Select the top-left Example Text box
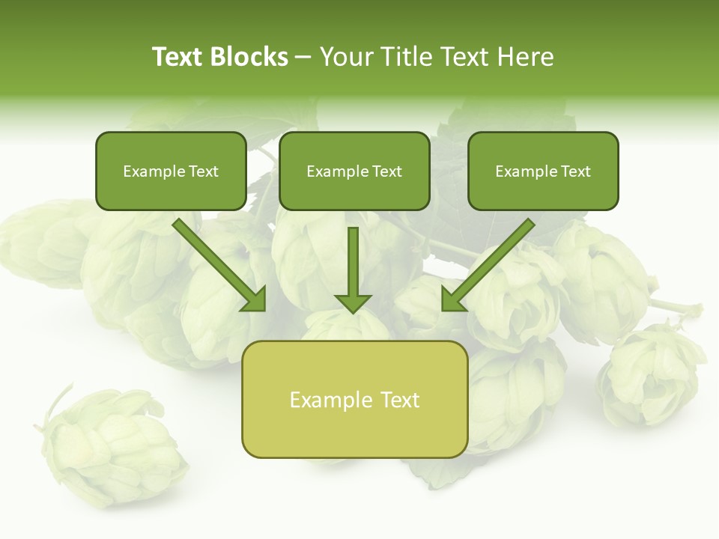[171, 171]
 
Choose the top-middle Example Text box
[354, 171]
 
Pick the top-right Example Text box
[543, 171]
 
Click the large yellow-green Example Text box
[354, 400]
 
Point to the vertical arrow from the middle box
[353, 262]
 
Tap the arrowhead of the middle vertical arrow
[353, 302]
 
